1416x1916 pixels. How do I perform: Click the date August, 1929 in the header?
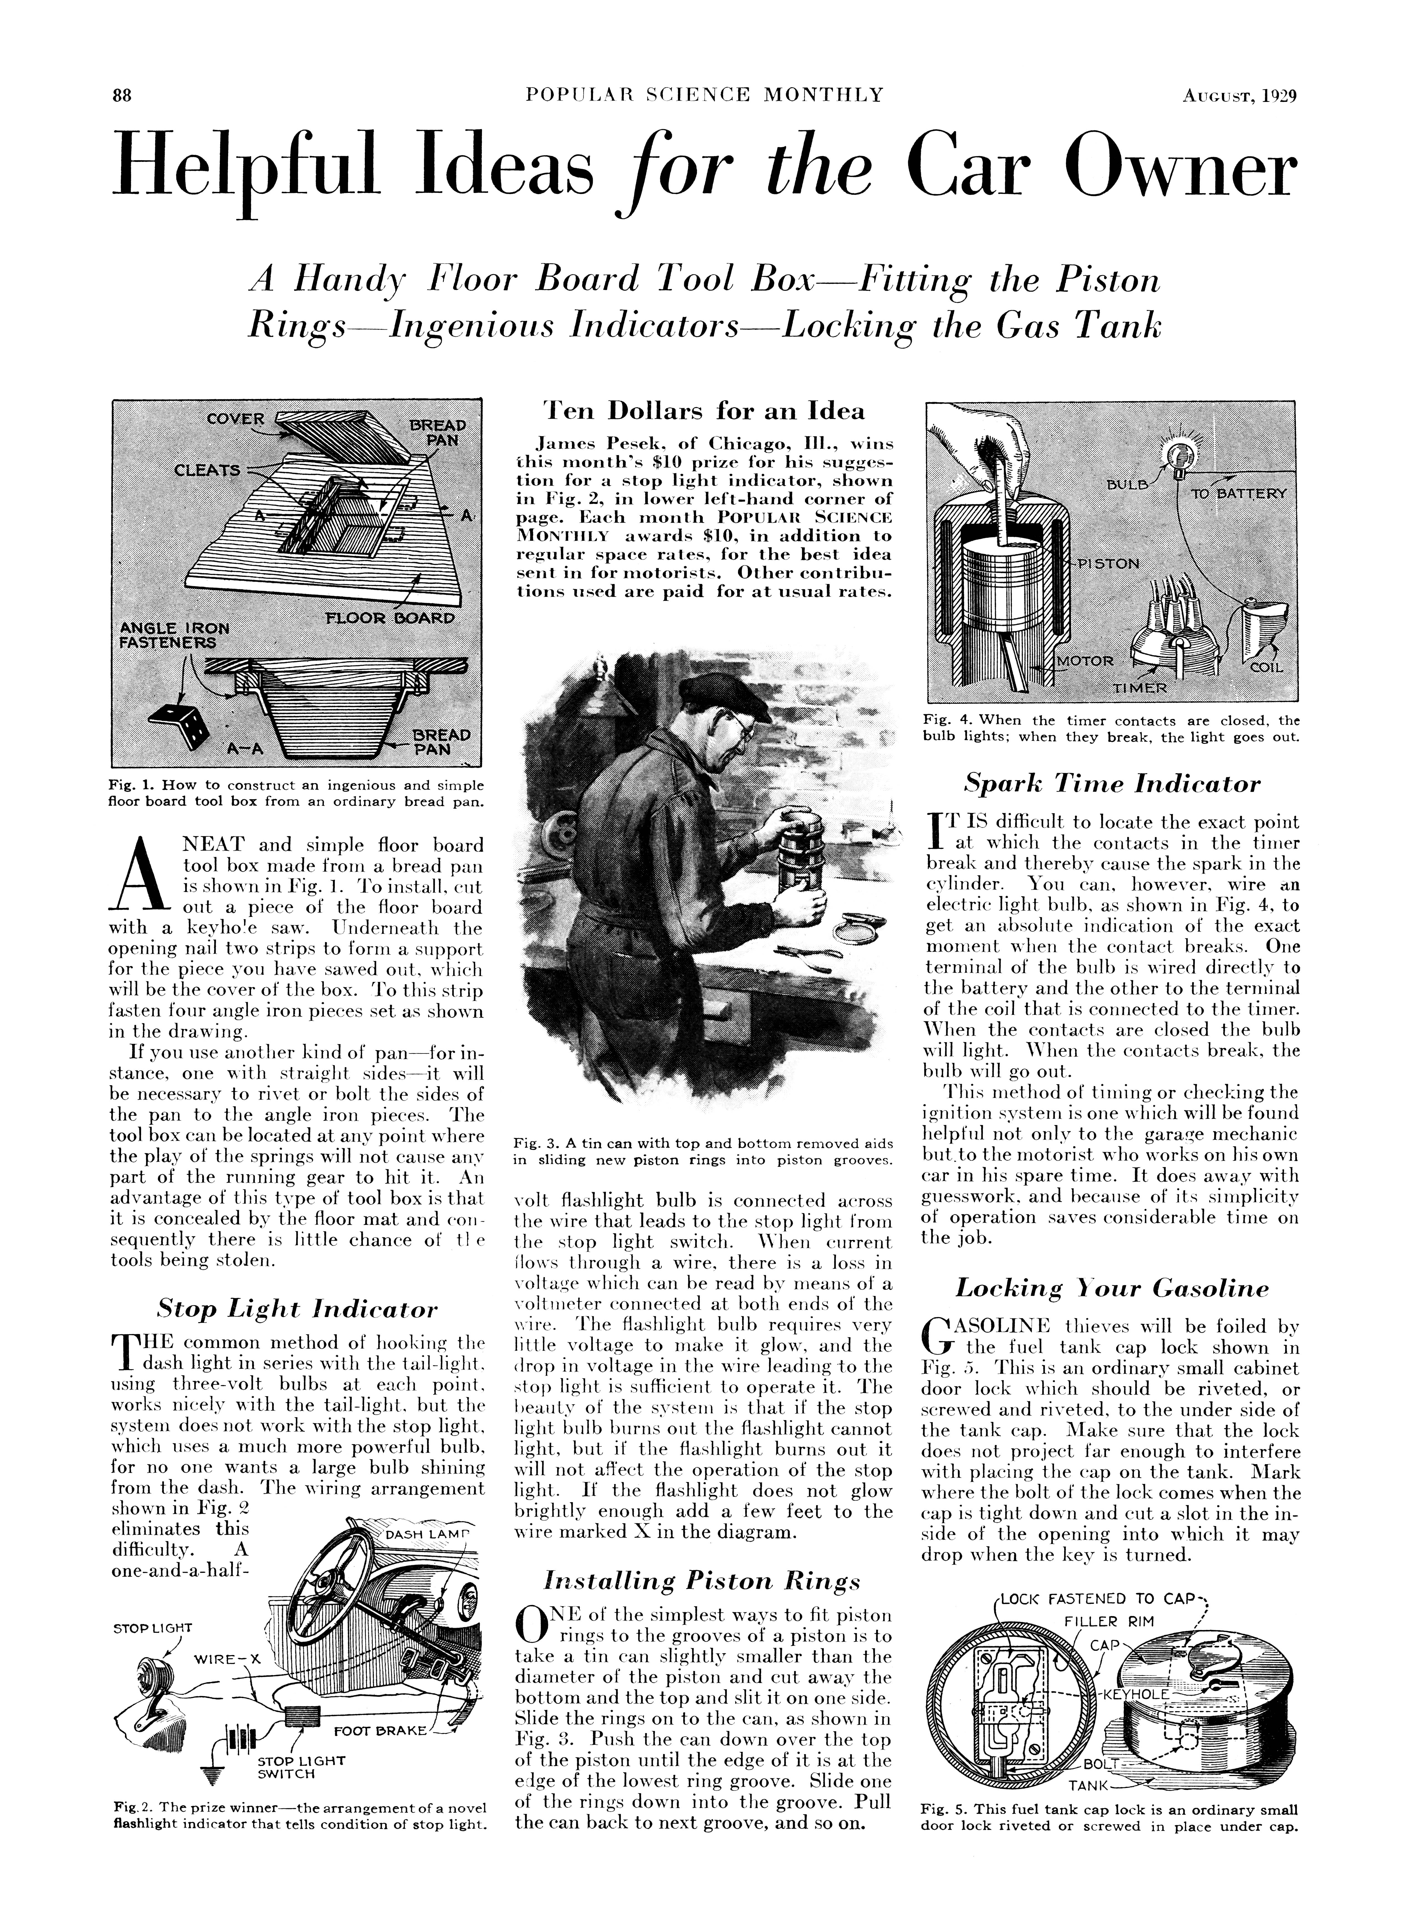[x=1238, y=95]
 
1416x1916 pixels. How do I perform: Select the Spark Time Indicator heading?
[x=1112, y=784]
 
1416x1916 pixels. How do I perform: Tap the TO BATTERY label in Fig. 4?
[x=1239, y=494]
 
